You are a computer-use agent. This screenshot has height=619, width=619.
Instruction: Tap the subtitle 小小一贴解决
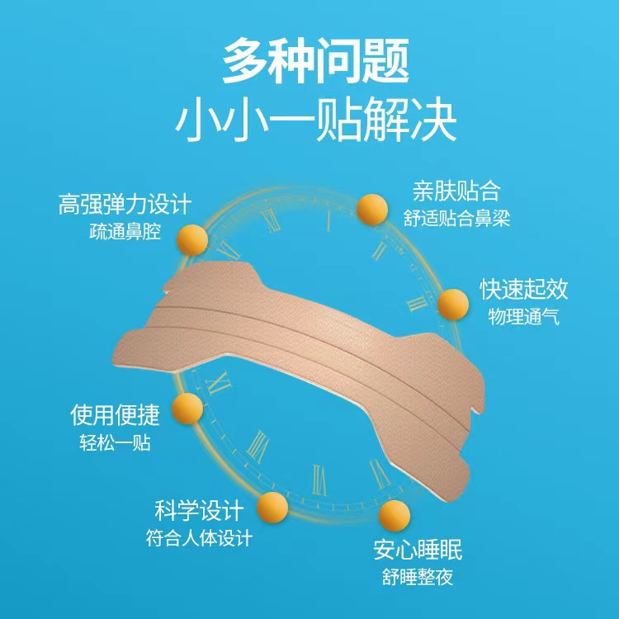[x=316, y=120]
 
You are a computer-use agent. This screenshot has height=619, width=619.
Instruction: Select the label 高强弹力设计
[x=125, y=204]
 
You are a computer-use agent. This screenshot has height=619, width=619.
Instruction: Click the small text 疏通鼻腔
[x=125, y=231]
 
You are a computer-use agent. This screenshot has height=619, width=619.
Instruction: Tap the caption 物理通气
[x=523, y=316]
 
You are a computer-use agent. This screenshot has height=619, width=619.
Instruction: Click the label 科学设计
[x=195, y=509]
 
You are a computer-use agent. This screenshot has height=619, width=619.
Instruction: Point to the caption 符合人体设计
[x=195, y=537]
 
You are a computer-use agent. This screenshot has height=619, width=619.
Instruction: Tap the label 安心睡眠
[x=417, y=549]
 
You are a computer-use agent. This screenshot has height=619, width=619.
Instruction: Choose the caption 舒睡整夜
[x=417, y=577]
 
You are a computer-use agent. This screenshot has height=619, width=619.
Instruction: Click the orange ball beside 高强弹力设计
[x=195, y=238]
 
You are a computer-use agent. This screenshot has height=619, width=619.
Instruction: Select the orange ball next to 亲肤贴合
[x=371, y=210]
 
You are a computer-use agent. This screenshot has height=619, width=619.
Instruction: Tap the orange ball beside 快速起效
[x=451, y=305]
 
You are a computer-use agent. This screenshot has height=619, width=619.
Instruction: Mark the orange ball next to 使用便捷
[x=188, y=408]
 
